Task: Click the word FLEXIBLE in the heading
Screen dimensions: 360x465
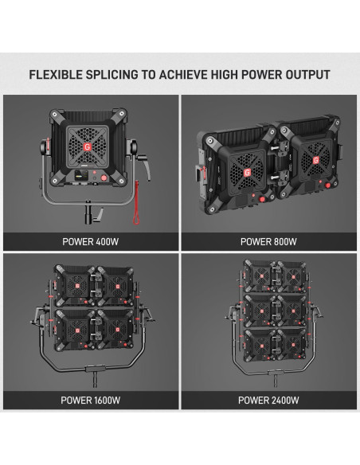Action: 56,75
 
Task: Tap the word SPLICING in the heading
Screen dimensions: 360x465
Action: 112,75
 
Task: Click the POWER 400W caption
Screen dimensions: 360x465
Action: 91,242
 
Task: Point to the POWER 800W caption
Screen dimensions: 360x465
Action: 268,242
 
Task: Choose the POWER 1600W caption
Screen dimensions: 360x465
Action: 91,401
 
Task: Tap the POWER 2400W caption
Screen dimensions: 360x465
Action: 268,401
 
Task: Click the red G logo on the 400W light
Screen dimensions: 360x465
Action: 87,147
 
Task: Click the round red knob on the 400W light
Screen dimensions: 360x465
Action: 104,178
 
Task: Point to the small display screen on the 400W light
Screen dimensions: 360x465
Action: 79,176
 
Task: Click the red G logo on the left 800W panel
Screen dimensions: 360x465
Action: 247,173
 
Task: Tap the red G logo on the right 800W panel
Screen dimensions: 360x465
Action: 316,160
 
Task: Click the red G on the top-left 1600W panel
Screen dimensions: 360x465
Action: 77,286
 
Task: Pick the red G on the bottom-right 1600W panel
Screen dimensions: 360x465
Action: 118,330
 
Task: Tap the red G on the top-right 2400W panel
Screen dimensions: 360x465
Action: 293,277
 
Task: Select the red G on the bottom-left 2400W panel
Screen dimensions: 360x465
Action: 262,346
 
